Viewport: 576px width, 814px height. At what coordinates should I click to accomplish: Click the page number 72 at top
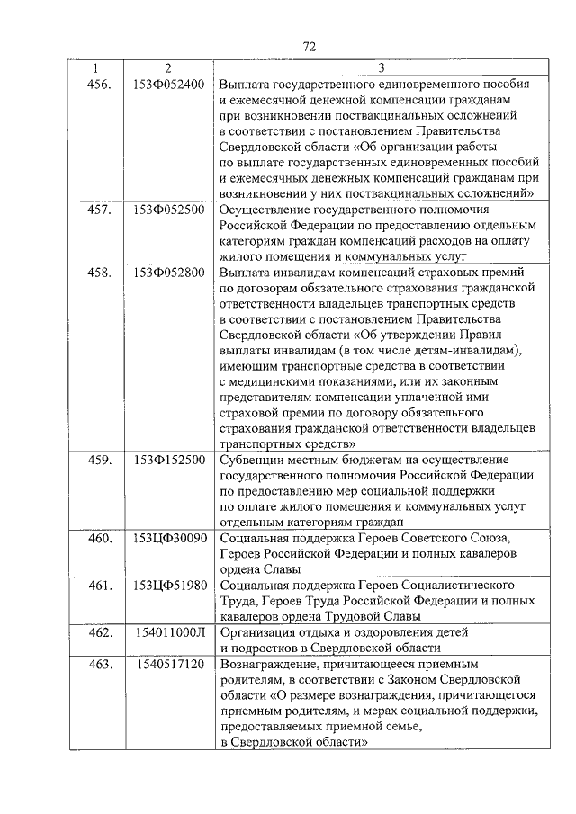tap(309, 47)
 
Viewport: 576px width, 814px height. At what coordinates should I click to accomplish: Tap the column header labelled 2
tap(167, 69)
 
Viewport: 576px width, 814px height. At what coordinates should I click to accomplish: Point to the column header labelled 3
tap(382, 69)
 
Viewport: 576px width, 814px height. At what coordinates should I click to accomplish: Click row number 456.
tap(100, 85)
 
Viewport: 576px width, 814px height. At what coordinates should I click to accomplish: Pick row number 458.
tap(100, 272)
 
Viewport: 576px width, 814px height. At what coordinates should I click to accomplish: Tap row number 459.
tap(100, 460)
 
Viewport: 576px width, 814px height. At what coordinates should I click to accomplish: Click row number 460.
tap(100, 538)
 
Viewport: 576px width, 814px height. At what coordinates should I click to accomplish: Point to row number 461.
tap(100, 586)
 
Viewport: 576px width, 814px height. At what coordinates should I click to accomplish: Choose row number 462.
tap(100, 632)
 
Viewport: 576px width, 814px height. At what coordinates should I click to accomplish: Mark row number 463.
tap(100, 664)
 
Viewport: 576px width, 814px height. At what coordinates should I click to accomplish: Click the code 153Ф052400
tap(168, 85)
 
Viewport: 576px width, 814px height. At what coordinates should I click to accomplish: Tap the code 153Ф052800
tap(168, 272)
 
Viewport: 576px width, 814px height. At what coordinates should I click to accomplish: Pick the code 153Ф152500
tap(168, 460)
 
